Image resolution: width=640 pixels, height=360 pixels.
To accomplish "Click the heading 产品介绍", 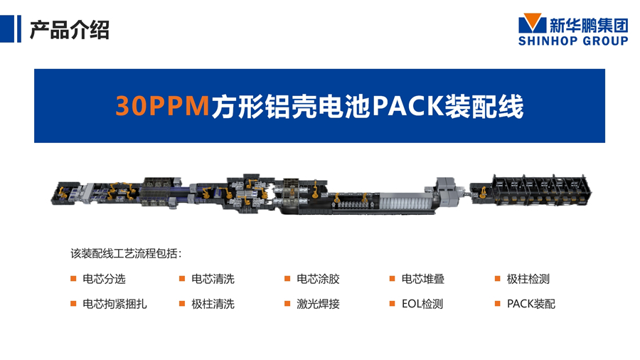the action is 70,30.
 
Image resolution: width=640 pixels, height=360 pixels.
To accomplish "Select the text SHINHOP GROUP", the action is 573,41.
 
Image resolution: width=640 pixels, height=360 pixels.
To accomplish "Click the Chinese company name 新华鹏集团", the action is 589,26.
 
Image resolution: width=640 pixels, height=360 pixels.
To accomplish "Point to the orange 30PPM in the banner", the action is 162,106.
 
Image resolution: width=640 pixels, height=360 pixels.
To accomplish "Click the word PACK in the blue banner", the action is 407,106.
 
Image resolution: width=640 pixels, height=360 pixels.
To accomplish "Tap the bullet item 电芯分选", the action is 104,279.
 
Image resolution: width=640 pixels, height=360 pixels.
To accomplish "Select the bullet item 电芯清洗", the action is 213,279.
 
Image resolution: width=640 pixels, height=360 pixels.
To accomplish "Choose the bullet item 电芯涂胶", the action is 318,279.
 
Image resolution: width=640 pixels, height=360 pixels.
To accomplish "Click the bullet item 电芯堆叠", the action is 423,279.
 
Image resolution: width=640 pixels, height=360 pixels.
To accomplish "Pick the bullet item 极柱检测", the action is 528,279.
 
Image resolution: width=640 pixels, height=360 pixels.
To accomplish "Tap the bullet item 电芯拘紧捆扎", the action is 114,304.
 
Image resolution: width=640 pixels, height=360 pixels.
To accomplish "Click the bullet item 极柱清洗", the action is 213,304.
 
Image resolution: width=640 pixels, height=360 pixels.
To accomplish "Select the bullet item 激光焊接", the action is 318,304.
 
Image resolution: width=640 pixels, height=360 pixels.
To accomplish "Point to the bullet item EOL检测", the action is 422,304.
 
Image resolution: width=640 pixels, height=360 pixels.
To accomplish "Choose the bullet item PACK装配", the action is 531,304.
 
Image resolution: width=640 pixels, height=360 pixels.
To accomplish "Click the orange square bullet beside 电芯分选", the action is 73,279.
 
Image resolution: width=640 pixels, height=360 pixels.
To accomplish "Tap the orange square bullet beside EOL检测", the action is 393,304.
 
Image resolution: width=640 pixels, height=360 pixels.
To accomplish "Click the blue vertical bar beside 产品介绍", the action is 18,28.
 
